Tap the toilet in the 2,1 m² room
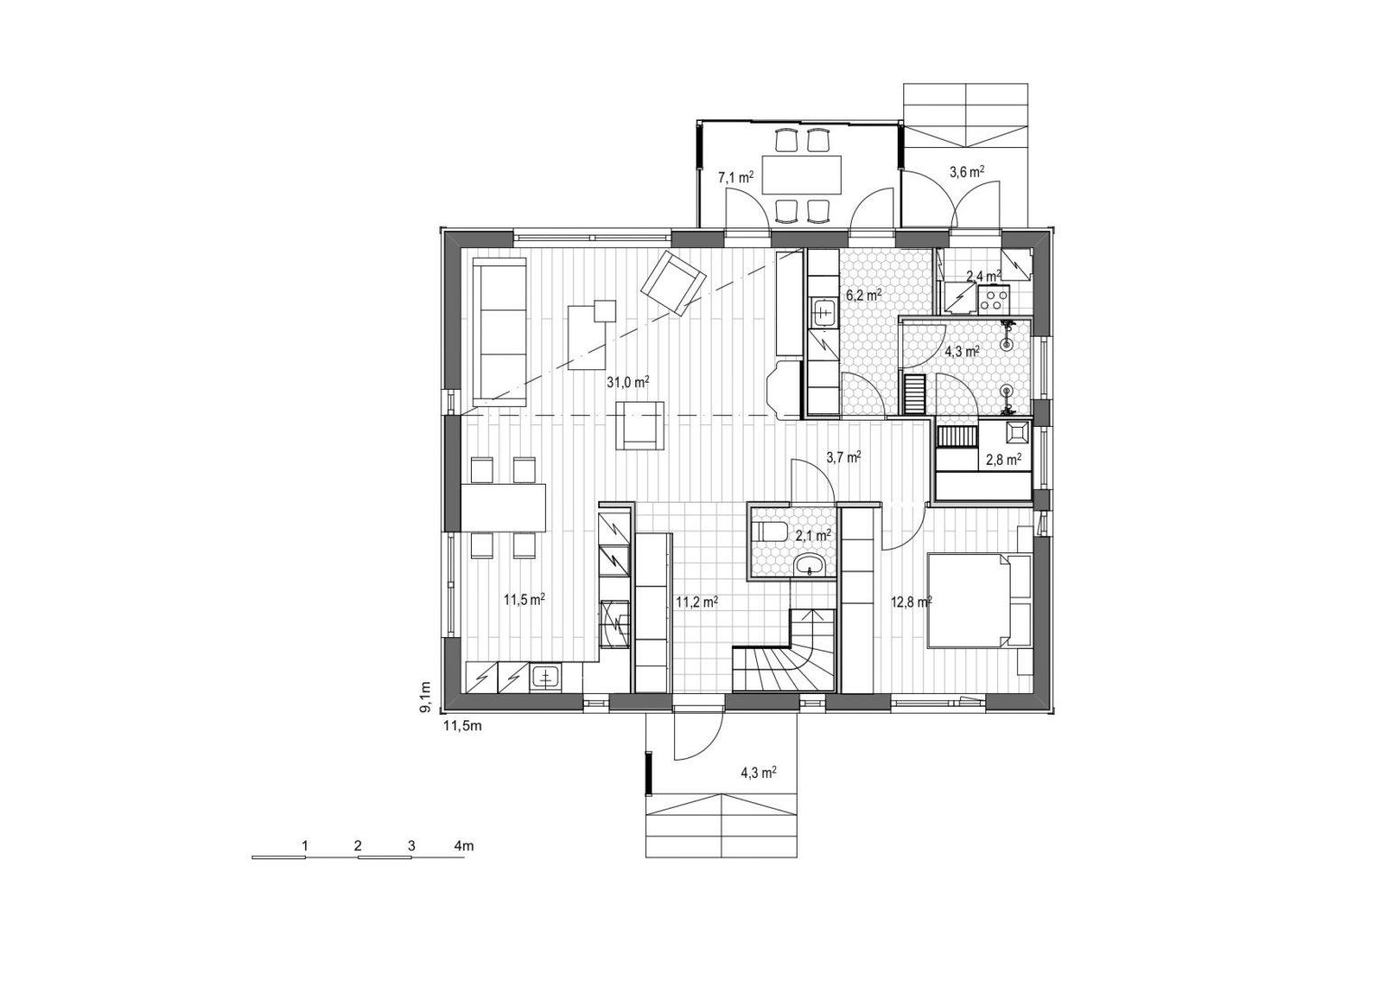coord(769,531)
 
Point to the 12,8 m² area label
coord(911,601)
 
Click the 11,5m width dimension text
coord(462,726)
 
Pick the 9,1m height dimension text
coord(425,697)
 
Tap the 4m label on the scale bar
coord(464,846)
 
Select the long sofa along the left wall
coord(499,332)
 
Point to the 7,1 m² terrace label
coord(735,179)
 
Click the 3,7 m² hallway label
coord(844,458)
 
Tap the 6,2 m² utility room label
coord(864,295)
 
